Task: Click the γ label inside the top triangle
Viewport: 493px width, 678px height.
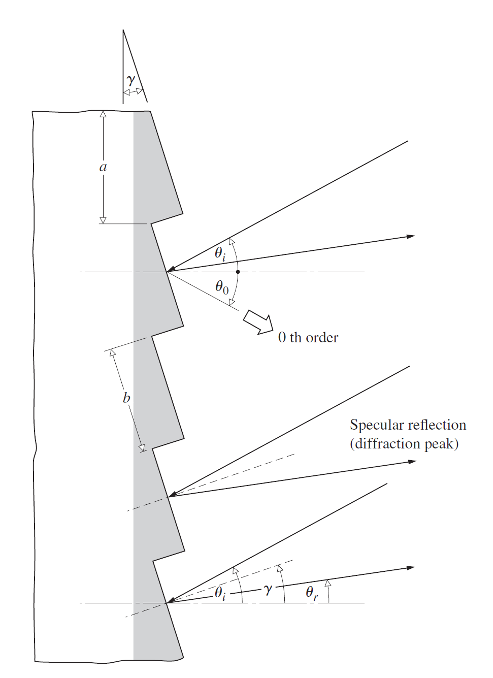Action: click(x=131, y=80)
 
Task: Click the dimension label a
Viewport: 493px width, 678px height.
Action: click(x=103, y=167)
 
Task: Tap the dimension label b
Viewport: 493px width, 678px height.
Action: click(x=126, y=398)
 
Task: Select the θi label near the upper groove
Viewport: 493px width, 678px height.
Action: click(x=220, y=253)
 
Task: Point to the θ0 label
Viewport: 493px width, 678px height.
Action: click(x=222, y=287)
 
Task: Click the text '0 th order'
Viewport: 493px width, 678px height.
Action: click(x=308, y=338)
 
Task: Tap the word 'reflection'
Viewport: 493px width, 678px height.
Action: click(x=437, y=425)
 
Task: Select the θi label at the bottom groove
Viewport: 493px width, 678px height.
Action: click(x=220, y=593)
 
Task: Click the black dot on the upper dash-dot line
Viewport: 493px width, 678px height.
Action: click(x=238, y=272)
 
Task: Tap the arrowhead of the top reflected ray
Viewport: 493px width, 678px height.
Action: click(x=411, y=236)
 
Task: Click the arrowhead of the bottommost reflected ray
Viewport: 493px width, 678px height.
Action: click(x=411, y=567)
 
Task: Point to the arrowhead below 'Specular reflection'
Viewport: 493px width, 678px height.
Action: click(x=412, y=462)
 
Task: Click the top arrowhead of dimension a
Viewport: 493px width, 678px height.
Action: click(x=103, y=114)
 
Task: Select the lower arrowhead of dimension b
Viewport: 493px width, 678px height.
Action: click(x=142, y=448)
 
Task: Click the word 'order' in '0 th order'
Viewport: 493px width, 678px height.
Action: click(x=322, y=338)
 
